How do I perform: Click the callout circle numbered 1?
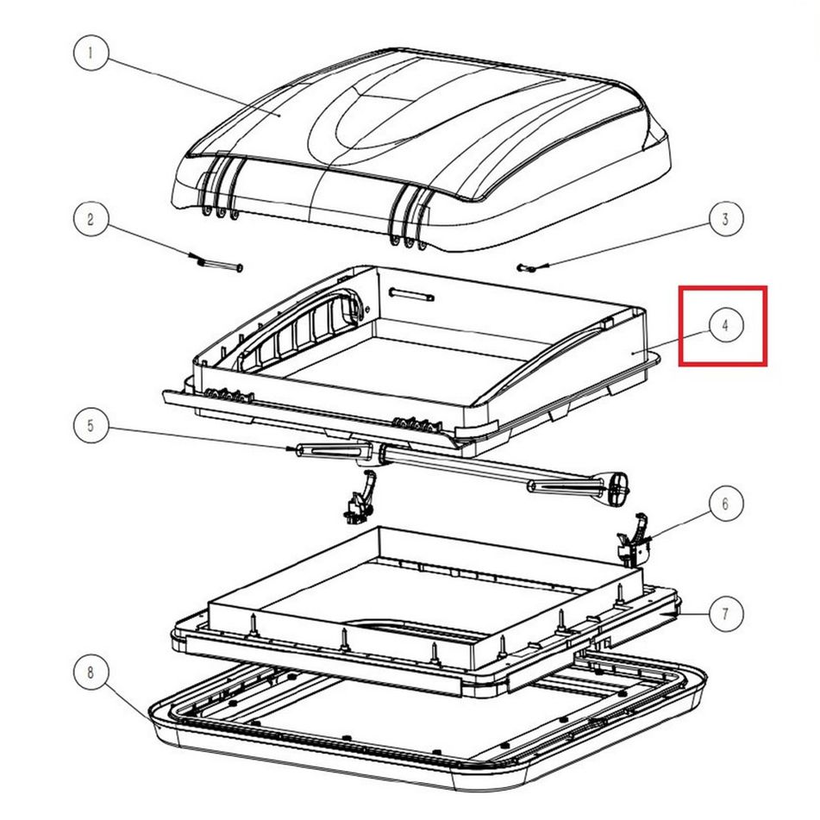click(x=91, y=53)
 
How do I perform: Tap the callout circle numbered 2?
click(x=91, y=219)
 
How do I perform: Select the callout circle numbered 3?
click(x=725, y=219)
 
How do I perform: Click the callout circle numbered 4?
click(x=725, y=325)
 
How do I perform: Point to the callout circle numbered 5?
click(x=91, y=426)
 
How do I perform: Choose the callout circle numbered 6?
click(x=725, y=504)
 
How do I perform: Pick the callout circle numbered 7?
click(x=725, y=613)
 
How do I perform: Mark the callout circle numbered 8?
click(x=91, y=672)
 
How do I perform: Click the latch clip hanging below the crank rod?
click(x=360, y=496)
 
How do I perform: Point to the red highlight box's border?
click(x=680, y=325)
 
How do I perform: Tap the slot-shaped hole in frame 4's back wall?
click(x=411, y=294)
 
